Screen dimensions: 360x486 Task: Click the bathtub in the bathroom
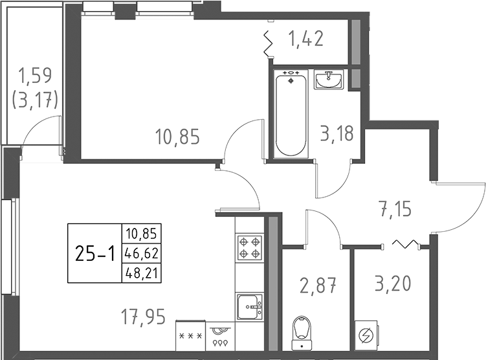pos(291,114)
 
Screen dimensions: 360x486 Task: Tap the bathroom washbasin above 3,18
pos(330,80)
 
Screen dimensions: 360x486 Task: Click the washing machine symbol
pos(364,336)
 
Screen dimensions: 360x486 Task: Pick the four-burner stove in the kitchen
pos(249,246)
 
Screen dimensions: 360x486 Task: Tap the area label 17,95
pos(144,317)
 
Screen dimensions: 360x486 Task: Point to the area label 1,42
pos(306,40)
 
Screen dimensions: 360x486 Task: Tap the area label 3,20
pos(392,284)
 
